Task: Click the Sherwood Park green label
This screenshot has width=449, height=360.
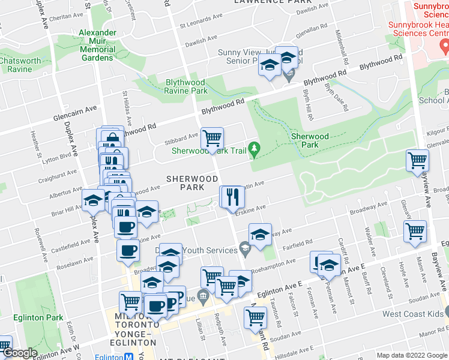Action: coord(310,140)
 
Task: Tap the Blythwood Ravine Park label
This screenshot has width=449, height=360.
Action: coord(186,86)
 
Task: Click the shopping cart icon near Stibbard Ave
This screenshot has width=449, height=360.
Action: coord(212,138)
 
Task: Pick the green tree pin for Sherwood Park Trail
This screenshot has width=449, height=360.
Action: coord(255,147)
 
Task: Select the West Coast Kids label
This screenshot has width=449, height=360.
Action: coord(413,314)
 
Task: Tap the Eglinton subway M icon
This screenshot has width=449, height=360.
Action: coord(130,356)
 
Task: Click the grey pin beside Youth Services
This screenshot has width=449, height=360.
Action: coord(244,247)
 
